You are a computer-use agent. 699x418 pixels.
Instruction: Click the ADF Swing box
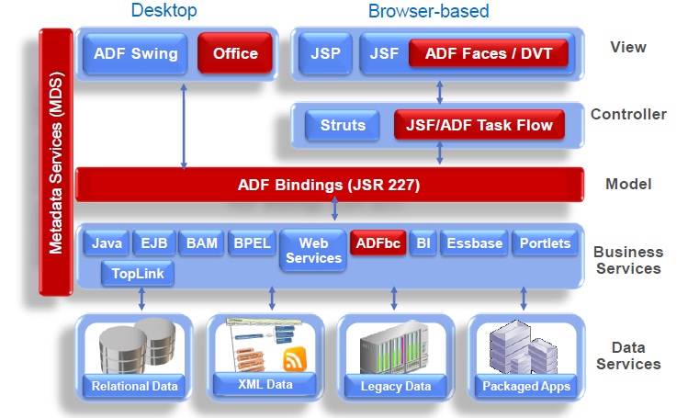(136, 52)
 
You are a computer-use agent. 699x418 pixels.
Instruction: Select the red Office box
(235, 52)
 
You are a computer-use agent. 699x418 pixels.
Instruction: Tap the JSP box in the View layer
(325, 53)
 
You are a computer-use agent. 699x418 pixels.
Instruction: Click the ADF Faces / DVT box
(489, 53)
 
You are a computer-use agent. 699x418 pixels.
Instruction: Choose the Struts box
(342, 125)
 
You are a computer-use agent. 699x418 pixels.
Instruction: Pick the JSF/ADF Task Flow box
(474, 125)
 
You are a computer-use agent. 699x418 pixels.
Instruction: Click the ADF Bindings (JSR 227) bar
(329, 185)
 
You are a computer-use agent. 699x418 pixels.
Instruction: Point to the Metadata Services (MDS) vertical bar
(55, 161)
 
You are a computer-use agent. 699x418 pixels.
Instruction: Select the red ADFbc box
(377, 243)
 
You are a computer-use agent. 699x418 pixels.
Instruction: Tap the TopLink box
(138, 273)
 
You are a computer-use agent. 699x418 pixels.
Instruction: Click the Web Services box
(313, 251)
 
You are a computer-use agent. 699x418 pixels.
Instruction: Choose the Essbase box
(474, 243)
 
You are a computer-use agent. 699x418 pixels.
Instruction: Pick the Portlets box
(545, 243)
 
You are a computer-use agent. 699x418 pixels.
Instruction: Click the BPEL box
(252, 243)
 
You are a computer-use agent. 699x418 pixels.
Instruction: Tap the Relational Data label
(134, 385)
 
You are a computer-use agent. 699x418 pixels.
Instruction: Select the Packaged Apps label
(526, 386)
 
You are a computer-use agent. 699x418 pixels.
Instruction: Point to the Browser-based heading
(428, 11)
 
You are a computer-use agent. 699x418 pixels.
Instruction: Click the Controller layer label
(628, 115)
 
